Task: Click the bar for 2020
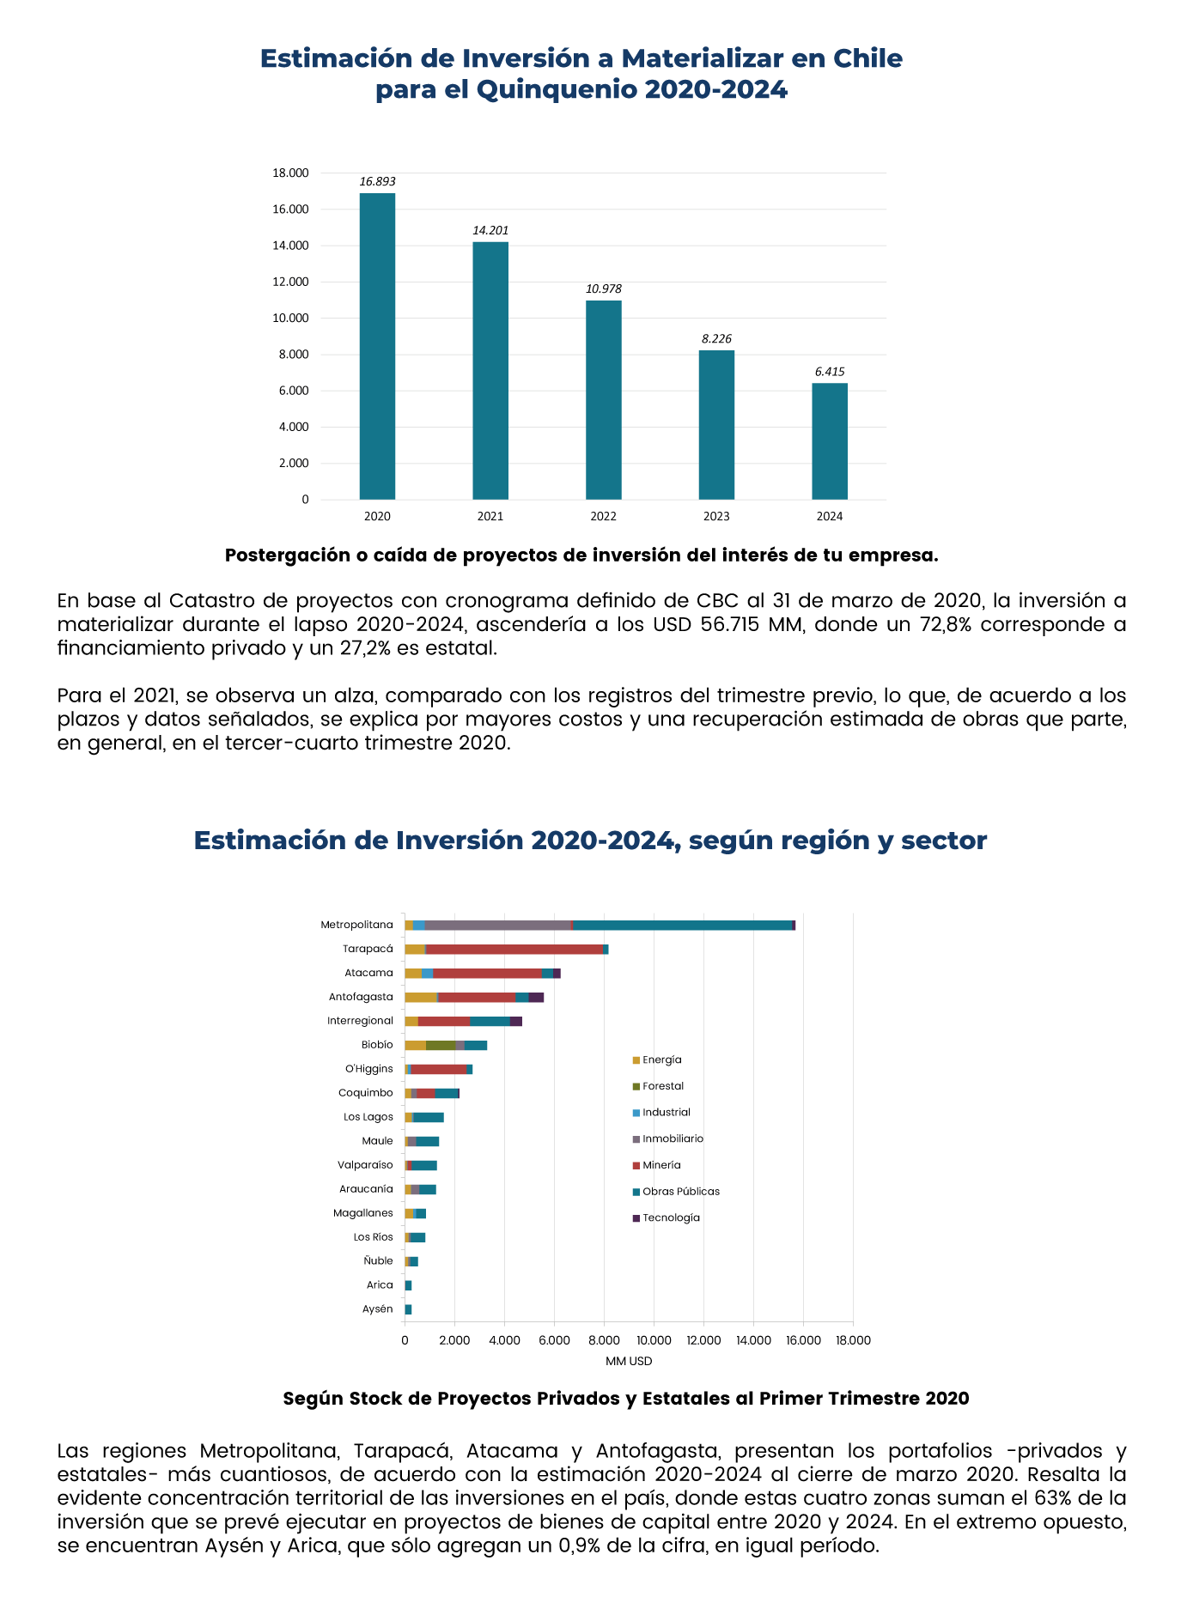coord(377,346)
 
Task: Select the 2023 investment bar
coord(716,425)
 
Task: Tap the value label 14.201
coord(490,230)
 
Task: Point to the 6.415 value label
coord(830,372)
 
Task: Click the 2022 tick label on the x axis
coord(603,517)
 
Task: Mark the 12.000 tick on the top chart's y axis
coord(290,282)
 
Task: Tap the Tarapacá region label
coord(368,949)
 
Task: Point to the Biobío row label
coord(377,1045)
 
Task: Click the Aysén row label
coord(378,1309)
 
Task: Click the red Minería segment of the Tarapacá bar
coord(514,949)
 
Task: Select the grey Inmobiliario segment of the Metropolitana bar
coord(497,925)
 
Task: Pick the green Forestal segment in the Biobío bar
coord(441,1045)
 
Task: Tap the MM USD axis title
coord(629,1361)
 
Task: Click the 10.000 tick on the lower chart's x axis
coord(654,1340)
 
